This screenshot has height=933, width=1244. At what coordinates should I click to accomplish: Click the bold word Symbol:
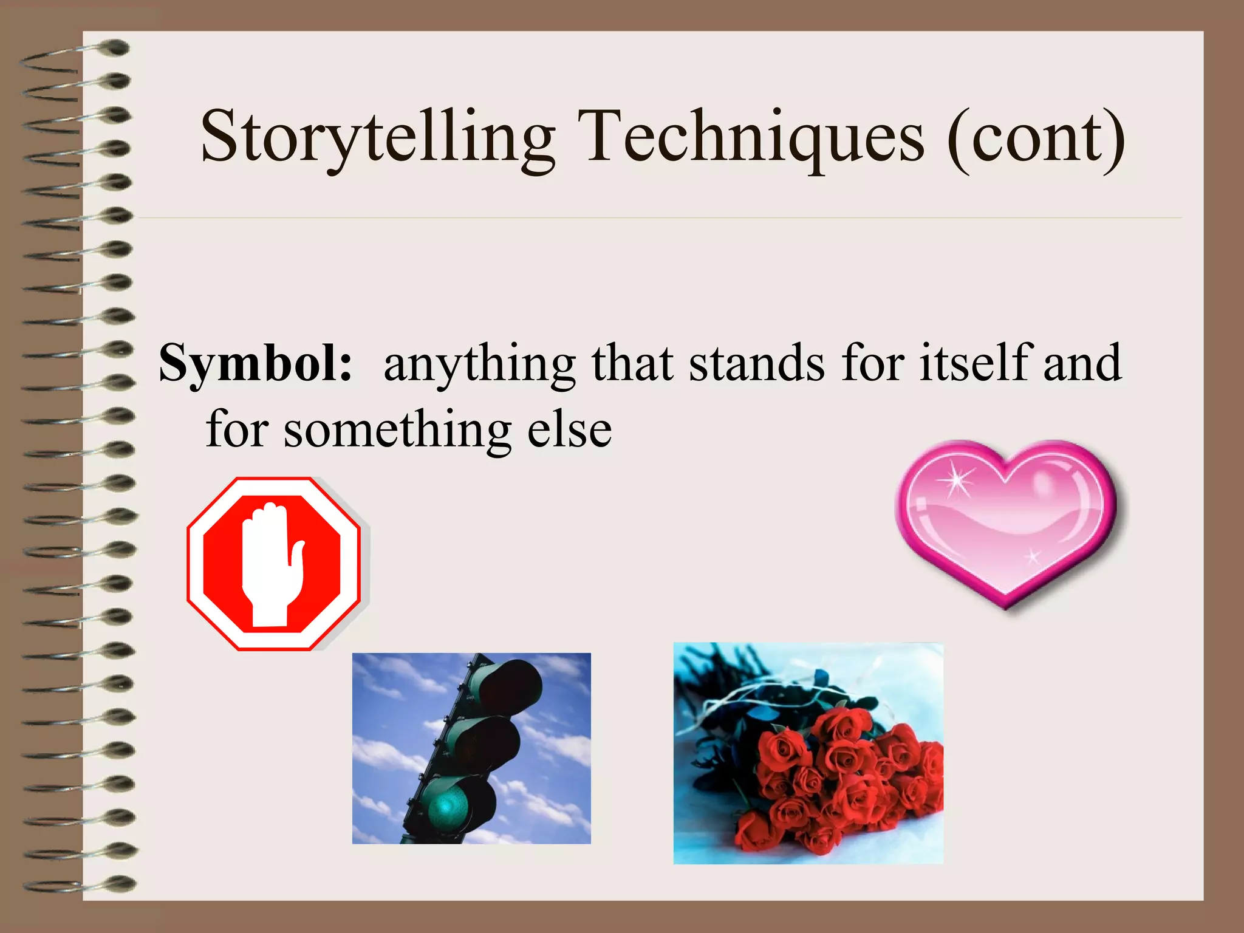pos(255,363)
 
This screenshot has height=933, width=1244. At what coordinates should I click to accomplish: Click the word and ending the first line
pos(1082,363)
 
